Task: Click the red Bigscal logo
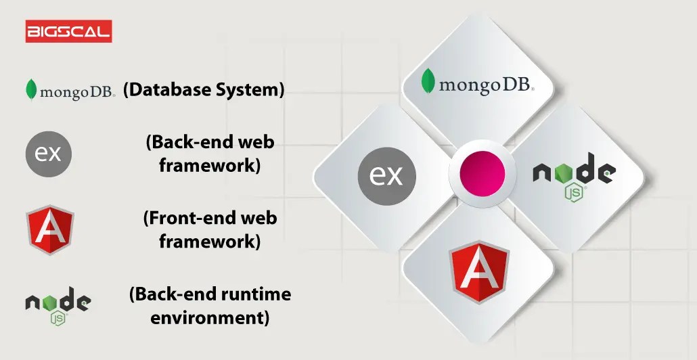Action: click(68, 31)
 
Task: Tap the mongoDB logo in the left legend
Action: click(70, 90)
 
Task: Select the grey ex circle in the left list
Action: click(49, 152)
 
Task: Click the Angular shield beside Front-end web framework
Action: click(50, 230)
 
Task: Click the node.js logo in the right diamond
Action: click(574, 175)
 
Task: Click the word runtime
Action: click(259, 294)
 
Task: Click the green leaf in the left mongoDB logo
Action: click(30, 90)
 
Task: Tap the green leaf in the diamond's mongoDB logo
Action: click(428, 81)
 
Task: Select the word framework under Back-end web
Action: click(210, 165)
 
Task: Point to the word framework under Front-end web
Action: click(210, 242)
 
